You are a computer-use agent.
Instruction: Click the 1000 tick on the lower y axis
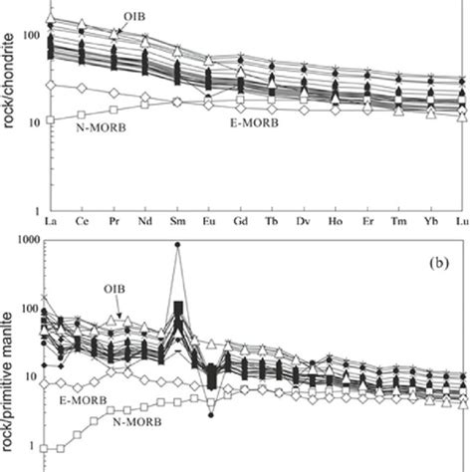click(23, 240)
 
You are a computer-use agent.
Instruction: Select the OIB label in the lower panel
click(118, 291)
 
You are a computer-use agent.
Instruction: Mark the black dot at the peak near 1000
click(177, 244)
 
